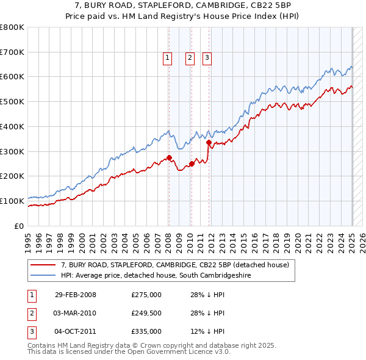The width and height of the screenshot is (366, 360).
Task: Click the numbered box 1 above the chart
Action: (167, 58)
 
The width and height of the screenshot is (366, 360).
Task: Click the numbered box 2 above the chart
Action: (190, 58)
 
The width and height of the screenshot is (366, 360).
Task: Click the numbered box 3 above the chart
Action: (207, 58)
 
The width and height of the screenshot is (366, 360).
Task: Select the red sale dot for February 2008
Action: (169, 157)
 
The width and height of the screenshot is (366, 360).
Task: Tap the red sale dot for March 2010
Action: (192, 164)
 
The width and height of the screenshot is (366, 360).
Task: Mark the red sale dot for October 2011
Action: (209, 142)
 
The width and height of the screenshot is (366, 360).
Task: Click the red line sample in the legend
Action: (43, 265)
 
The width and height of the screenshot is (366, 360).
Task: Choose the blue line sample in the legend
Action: (43, 275)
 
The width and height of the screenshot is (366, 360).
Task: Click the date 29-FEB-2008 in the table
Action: (75, 295)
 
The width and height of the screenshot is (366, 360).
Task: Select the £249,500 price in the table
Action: (146, 314)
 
